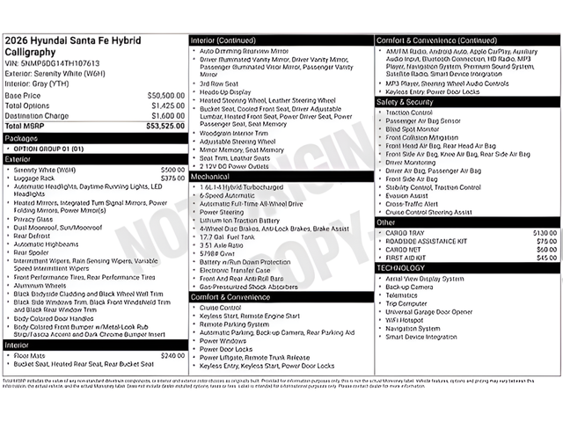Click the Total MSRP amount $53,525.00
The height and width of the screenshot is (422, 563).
click(x=165, y=127)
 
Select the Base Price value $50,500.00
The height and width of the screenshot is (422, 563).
click(x=165, y=95)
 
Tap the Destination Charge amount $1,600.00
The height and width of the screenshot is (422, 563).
click(x=167, y=116)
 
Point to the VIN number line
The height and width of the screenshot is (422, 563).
click(x=52, y=63)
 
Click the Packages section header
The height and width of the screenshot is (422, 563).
click(x=21, y=138)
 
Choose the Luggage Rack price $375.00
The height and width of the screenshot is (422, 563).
click(x=172, y=178)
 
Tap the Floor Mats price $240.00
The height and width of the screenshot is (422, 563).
click(x=172, y=356)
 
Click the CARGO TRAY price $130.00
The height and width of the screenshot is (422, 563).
click(x=545, y=233)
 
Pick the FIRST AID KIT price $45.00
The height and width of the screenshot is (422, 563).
click(x=547, y=258)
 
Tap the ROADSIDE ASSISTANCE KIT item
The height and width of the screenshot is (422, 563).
click(x=426, y=241)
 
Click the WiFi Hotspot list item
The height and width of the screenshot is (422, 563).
click(x=409, y=320)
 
